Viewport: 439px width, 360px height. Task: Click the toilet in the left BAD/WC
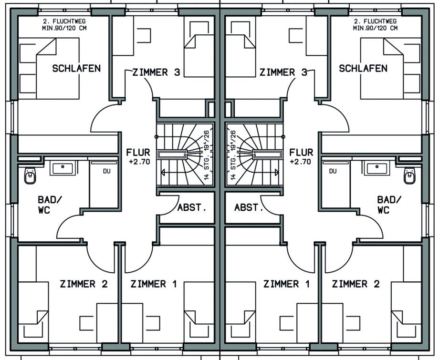tap(30, 175)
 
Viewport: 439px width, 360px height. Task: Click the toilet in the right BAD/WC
tap(409, 175)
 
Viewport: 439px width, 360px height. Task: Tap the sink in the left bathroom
tap(63, 168)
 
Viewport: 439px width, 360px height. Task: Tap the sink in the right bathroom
tap(377, 168)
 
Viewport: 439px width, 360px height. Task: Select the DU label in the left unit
tap(107, 171)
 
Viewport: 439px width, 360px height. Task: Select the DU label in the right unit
tap(333, 171)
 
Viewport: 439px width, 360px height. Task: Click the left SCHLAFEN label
tap(76, 69)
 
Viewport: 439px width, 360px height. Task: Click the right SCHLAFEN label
tap(363, 69)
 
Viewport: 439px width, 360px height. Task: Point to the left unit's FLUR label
tap(138, 153)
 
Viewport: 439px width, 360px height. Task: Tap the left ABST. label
tap(192, 208)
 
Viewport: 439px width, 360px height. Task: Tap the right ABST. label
tap(249, 208)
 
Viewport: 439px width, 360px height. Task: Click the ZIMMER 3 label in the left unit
tap(156, 72)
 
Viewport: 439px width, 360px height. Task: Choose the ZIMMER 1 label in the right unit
tap(287, 284)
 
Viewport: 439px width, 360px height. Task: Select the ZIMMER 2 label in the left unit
tap(84, 284)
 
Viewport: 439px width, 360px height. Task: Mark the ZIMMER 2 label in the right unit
tap(356, 284)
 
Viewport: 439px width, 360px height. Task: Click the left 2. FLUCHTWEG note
tap(64, 21)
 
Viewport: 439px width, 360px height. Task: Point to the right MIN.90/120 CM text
tap(375, 28)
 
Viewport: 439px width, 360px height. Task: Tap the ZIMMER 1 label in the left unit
tap(154, 284)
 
